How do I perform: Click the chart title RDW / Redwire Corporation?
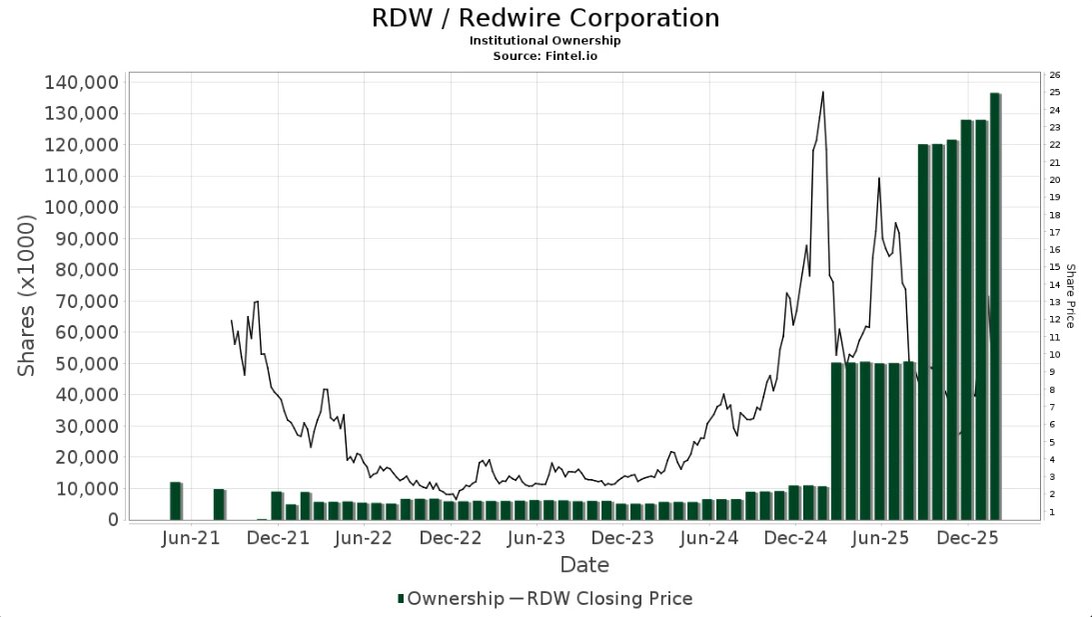[x=545, y=18]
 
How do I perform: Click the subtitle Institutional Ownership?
[x=545, y=41]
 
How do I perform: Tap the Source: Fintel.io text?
[x=545, y=56]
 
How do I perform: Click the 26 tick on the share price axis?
[x=1055, y=75]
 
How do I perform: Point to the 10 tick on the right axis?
[x=1055, y=355]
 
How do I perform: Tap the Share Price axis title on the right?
[x=1070, y=296]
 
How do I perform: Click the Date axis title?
[x=584, y=565]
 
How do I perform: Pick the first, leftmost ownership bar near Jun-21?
[x=176, y=500]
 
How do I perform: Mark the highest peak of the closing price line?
[x=822, y=92]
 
